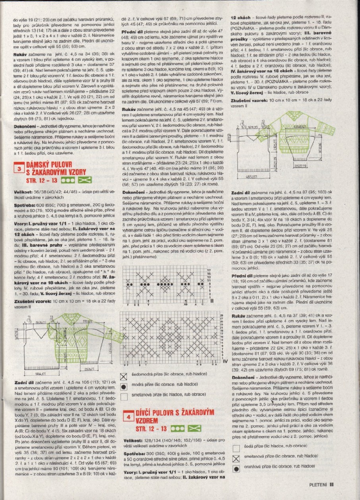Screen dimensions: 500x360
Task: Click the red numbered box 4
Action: point(128,417)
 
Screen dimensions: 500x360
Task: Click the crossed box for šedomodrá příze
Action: point(124,376)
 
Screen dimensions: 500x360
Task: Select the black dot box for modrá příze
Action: point(124,386)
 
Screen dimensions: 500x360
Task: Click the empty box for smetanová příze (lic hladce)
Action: point(124,396)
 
